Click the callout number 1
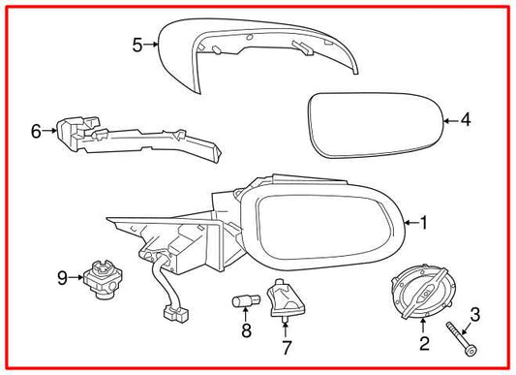point(424,223)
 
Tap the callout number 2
point(423,343)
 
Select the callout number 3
point(474,313)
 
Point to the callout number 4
point(465,121)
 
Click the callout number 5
point(137,44)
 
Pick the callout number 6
point(36,130)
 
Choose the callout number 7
point(286,345)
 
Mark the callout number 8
point(245,331)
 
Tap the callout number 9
point(62,278)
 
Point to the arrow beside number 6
point(49,130)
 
